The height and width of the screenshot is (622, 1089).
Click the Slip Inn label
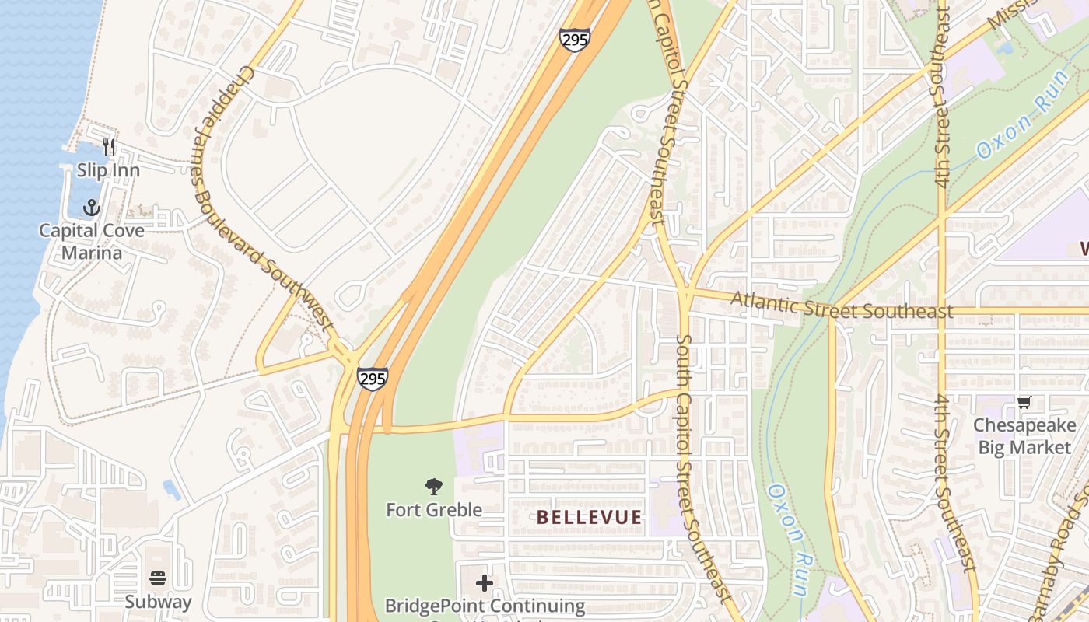pos(108,170)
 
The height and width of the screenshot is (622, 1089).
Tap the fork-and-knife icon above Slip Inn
pos(109,147)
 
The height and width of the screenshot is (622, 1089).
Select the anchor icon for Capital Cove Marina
pos(92,208)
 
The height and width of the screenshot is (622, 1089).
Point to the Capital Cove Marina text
pos(92,242)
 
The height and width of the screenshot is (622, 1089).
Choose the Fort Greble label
pos(434,510)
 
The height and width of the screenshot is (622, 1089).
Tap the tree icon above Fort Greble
pos(434,487)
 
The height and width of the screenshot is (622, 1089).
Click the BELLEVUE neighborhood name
pos(590,518)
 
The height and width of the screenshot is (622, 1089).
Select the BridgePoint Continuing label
pos(485,606)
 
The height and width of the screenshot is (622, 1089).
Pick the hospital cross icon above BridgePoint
pos(485,582)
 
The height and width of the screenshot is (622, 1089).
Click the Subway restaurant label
pos(158,602)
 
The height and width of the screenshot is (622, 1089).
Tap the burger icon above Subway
pos(158,578)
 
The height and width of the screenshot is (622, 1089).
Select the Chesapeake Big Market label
pos(1024,436)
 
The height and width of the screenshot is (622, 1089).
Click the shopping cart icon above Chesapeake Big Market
pos(1024,403)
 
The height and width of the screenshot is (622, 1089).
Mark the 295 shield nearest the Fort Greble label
pos(373,379)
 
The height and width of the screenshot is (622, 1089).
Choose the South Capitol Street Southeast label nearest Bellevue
pos(704,466)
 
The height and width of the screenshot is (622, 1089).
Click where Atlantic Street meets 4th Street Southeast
pos(942,310)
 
